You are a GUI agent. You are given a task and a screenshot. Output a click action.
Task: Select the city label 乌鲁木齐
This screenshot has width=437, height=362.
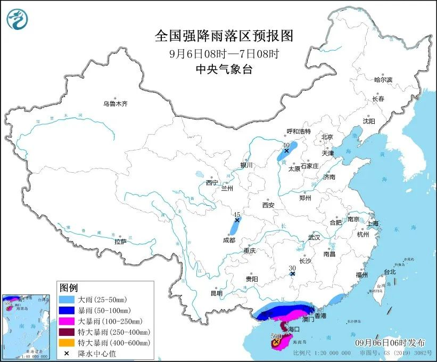tap(116, 104)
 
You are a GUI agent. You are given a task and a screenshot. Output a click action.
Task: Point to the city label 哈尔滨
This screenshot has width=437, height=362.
tap(383, 80)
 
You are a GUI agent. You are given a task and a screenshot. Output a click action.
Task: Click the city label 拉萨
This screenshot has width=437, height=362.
tap(120, 242)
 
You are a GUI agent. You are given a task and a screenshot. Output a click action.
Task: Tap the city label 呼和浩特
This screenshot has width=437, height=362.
tap(298, 132)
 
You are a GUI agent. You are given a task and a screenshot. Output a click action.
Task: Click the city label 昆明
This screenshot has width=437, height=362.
tap(216, 293)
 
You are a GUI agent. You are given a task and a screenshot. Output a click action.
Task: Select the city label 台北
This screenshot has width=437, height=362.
tap(390, 271)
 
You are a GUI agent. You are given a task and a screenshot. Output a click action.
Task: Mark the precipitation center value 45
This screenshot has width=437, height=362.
tap(237, 214)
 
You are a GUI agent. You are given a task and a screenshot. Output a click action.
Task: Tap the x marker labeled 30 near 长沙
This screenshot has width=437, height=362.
tap(292, 274)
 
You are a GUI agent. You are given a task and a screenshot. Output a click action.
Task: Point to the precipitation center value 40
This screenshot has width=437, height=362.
tap(286, 145)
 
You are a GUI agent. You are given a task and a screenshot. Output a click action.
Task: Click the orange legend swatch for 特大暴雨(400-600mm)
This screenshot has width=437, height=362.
tap(68, 342)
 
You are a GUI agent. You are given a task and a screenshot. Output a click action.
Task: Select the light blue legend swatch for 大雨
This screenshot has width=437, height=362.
tap(68, 300)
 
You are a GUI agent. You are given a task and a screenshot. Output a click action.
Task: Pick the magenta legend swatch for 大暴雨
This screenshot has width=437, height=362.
tap(68, 321)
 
